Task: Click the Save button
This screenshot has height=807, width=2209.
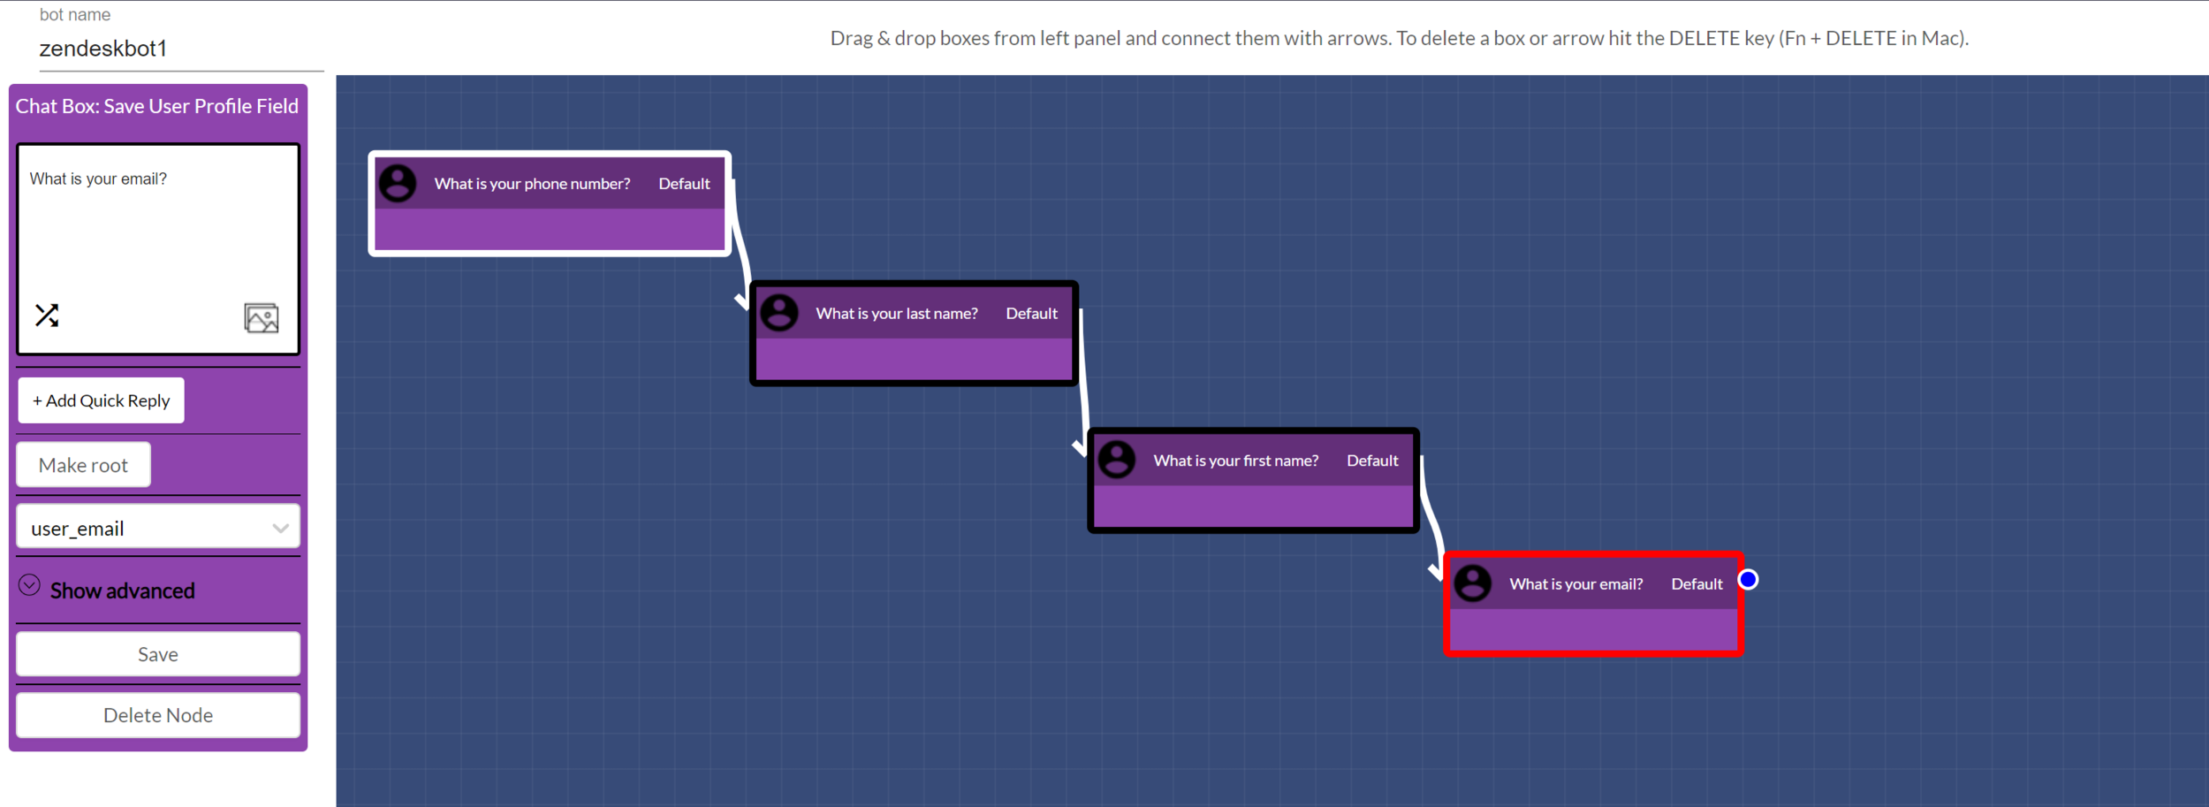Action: point(158,654)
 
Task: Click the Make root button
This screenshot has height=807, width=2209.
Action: point(83,465)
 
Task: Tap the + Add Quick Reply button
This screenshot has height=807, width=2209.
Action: point(101,400)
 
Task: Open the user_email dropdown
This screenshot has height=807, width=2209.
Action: point(158,528)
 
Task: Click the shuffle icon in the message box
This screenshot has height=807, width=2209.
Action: point(47,316)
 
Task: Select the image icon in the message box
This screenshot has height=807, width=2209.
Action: point(261,317)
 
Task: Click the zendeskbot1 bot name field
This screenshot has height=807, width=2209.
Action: point(177,49)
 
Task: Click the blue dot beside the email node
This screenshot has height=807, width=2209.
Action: point(1748,580)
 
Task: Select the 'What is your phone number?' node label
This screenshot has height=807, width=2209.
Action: point(532,184)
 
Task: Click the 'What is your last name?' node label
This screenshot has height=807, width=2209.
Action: point(896,314)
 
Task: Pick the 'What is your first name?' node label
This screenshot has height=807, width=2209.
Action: point(1235,461)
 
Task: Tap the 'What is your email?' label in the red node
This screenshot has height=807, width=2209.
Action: point(1575,584)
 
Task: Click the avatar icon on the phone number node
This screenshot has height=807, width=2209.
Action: point(398,184)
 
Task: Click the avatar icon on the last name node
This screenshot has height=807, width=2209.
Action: point(779,313)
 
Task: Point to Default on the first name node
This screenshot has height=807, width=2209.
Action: point(1372,461)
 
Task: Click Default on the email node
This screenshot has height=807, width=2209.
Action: point(1697,584)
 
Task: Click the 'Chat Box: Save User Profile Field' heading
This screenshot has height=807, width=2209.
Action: point(157,106)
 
